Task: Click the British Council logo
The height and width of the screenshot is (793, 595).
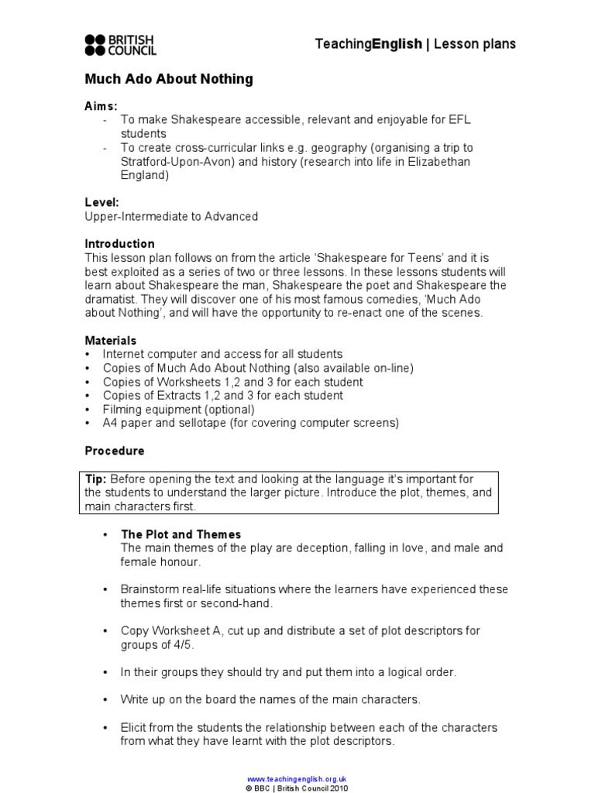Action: coord(121,45)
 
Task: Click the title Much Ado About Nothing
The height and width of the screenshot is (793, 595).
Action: coord(168,79)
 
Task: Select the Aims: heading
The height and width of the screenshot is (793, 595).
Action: coord(101,106)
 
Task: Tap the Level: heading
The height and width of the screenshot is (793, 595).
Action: coord(101,202)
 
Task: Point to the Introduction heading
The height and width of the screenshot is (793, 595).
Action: coord(119,244)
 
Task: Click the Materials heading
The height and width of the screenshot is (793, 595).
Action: coord(110,341)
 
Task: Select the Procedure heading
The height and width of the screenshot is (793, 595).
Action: coord(114,451)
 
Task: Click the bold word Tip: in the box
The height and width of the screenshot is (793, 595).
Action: coord(95,479)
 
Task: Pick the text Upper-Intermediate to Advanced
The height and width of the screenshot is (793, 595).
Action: coord(171,217)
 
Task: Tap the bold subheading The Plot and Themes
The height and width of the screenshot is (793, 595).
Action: coord(181,534)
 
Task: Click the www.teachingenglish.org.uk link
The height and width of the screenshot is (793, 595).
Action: coord(297,778)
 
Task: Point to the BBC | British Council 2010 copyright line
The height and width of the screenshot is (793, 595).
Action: coord(297,788)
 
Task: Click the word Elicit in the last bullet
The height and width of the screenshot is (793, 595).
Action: coord(134,728)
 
